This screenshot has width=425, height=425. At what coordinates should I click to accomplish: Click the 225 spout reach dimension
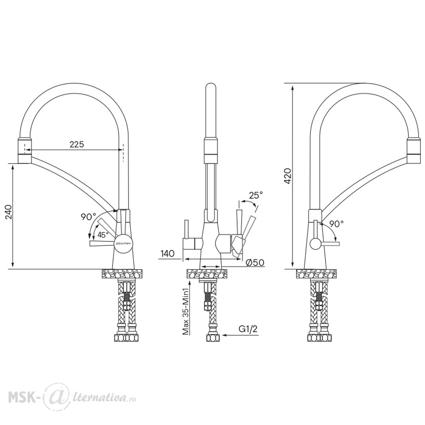coord(77,144)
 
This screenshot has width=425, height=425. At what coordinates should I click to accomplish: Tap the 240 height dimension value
coord(8,212)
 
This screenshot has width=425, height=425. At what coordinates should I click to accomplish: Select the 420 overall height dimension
coord(288,176)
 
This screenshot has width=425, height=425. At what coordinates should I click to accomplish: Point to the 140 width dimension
coord(167,254)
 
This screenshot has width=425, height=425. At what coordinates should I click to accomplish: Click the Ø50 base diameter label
coord(255,262)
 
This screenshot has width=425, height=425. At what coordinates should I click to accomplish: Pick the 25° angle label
coord(256,195)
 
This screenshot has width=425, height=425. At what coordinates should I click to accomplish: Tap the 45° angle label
coord(103,235)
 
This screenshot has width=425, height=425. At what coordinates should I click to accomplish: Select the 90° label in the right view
coord(337,224)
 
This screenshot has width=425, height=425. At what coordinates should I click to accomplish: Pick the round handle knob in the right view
coord(315,244)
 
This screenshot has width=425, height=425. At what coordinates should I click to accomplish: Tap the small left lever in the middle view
coord(187,229)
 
